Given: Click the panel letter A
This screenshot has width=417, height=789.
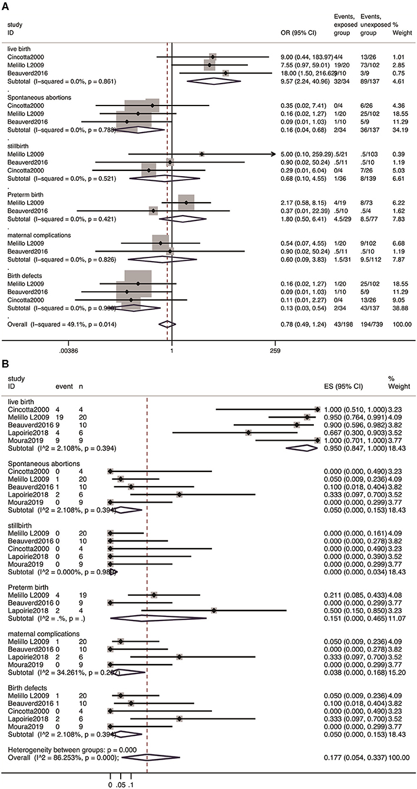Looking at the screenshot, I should (x=6, y=5).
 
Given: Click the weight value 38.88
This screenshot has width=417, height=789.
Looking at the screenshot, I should (x=402, y=308).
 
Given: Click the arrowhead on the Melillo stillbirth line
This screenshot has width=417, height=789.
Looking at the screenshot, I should (x=273, y=154).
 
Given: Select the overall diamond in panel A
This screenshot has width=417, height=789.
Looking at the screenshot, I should (x=167, y=324).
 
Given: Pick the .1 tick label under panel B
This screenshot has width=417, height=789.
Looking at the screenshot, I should (x=131, y=784).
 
